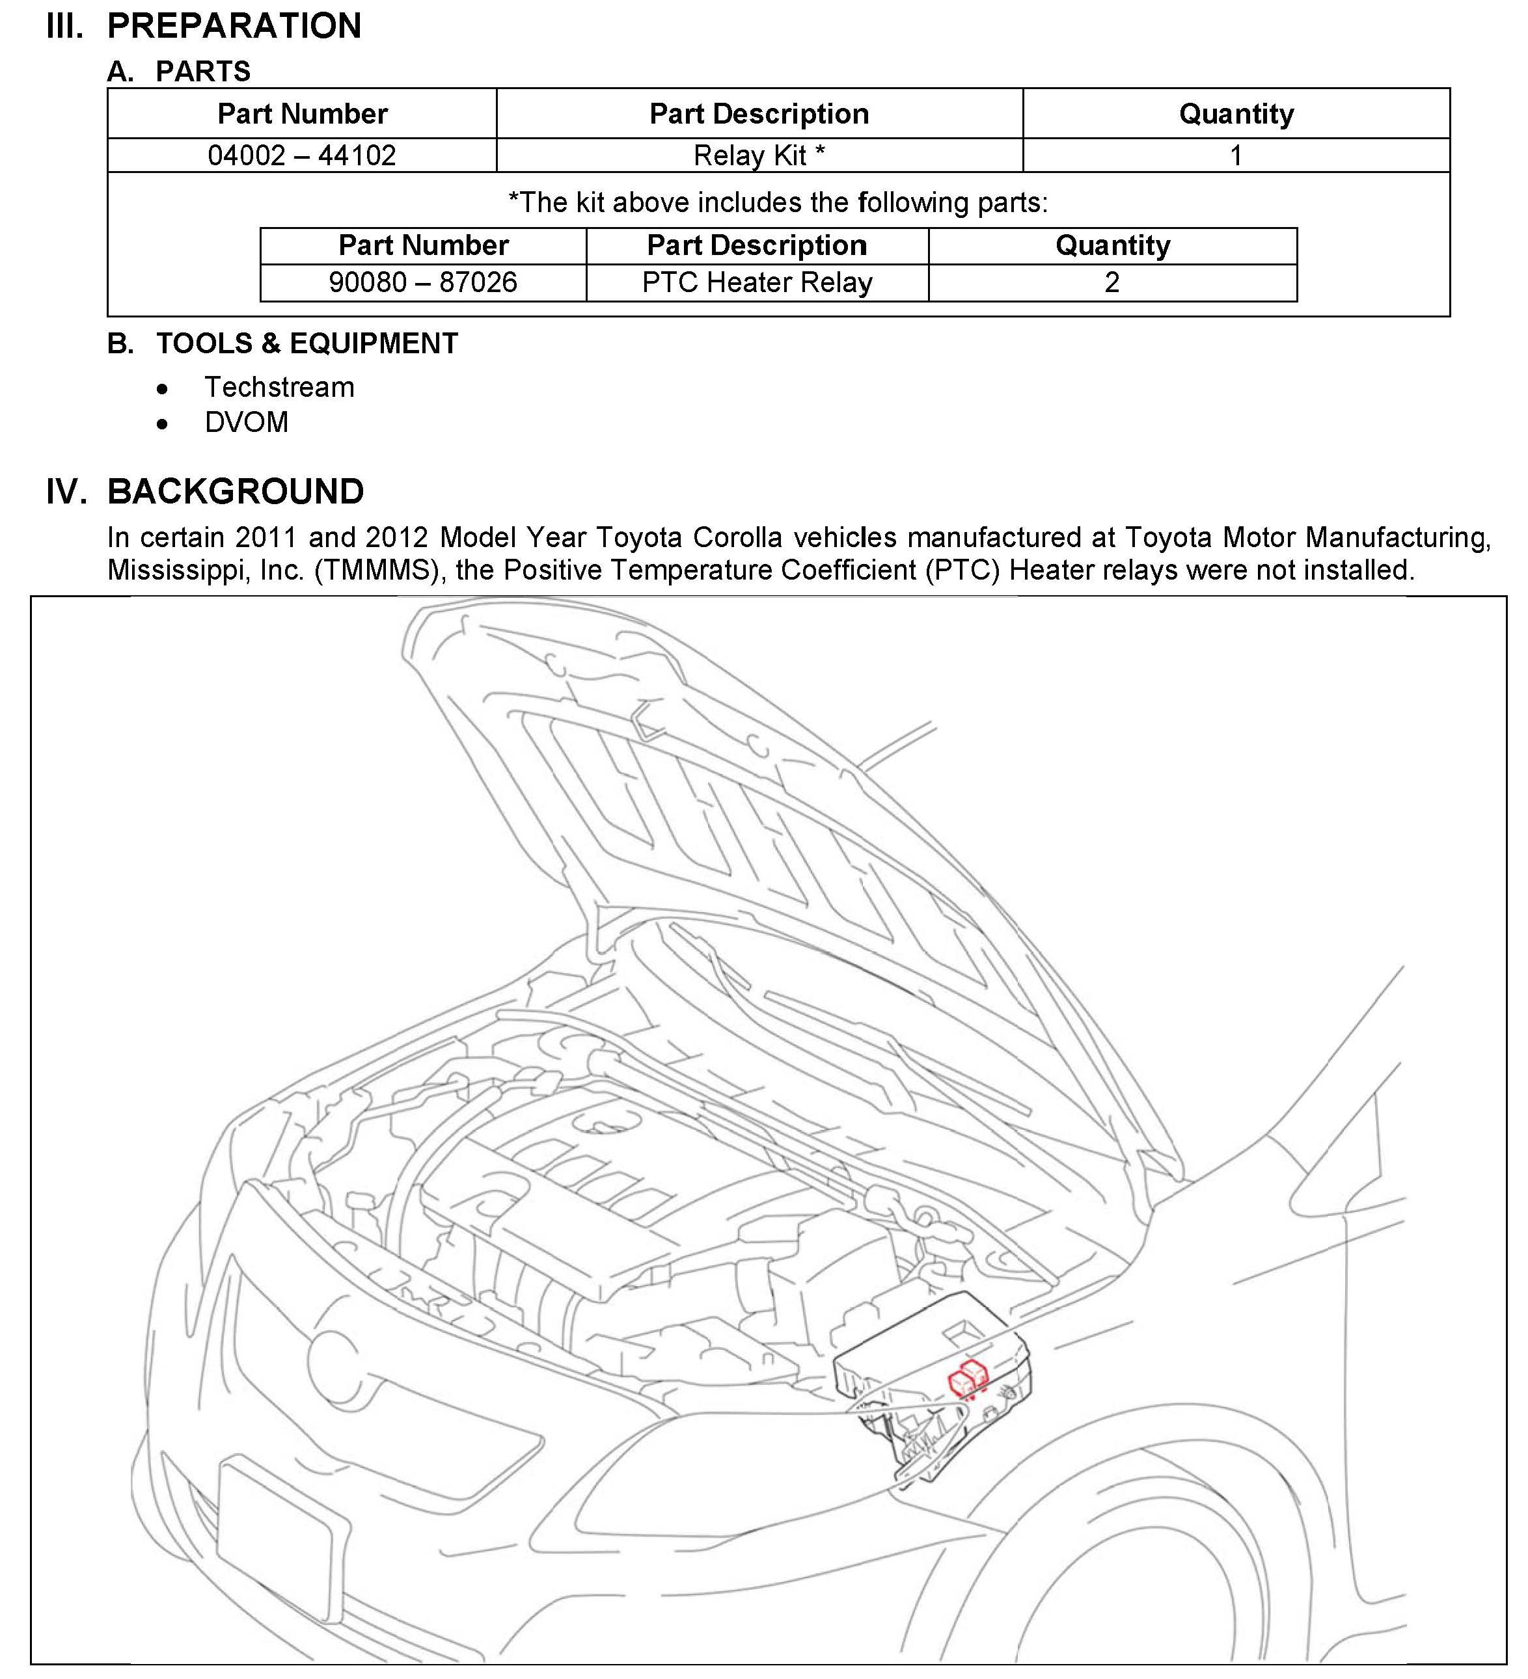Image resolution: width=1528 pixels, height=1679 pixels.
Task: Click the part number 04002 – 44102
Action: click(301, 155)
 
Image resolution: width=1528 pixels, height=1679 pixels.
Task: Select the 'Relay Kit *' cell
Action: click(758, 155)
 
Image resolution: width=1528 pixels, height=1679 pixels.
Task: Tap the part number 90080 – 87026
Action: click(422, 283)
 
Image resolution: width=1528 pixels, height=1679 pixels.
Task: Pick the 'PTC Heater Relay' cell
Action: click(756, 283)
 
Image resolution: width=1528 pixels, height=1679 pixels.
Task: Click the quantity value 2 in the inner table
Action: click(1112, 283)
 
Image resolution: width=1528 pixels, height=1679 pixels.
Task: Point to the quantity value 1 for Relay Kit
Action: click(1236, 155)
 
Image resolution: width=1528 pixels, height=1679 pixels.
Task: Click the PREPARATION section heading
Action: click(234, 26)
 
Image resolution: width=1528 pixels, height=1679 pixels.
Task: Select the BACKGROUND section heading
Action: click(236, 491)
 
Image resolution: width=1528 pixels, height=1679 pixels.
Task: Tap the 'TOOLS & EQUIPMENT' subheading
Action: click(307, 343)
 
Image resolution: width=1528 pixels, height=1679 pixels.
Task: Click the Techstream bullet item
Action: click(279, 387)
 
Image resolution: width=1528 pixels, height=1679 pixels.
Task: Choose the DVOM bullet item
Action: click(247, 422)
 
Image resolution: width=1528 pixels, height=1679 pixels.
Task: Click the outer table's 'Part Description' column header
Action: click(759, 114)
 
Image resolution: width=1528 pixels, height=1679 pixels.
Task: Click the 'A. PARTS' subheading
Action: click(179, 72)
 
